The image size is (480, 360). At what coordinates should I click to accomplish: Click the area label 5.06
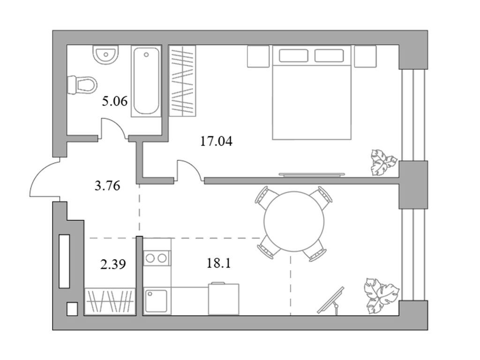coord(114,101)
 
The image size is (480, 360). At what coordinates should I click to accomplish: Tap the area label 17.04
coord(216,141)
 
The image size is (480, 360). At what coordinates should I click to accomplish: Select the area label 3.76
coord(107,186)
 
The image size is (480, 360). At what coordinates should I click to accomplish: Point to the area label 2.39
coord(113,264)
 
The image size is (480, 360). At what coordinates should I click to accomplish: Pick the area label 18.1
coord(218,263)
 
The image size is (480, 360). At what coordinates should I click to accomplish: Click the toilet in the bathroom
coord(82,85)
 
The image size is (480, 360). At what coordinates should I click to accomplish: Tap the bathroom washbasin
coord(105,55)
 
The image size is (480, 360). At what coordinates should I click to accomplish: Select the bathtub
coord(146,81)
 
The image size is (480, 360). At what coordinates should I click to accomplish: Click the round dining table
coord(294,221)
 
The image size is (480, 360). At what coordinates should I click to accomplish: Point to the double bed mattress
coord(312,92)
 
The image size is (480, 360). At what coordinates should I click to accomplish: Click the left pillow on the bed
coord(293,55)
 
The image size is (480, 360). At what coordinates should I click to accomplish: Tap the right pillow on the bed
coord(329,55)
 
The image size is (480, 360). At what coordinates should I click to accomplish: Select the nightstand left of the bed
coord(258,56)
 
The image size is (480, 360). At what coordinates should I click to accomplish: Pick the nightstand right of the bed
coord(365,56)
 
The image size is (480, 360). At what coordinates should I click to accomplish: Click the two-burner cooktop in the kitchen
coord(157,258)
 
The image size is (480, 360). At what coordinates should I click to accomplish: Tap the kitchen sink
coord(157,301)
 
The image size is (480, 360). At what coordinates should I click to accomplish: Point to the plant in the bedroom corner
coord(383,162)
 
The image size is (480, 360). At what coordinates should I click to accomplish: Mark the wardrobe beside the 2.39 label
coord(110,301)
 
